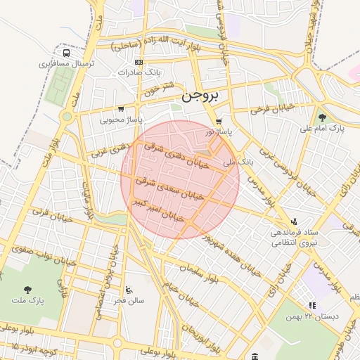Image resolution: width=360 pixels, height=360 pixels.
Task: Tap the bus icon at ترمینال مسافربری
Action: point(66,53)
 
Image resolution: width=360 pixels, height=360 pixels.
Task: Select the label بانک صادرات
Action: point(139,72)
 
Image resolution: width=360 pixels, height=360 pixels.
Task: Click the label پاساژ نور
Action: point(219,131)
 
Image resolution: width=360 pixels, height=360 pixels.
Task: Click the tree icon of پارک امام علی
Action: point(322,117)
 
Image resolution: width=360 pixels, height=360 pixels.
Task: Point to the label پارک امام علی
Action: point(318,129)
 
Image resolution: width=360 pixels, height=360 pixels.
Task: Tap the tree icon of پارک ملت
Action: point(27,289)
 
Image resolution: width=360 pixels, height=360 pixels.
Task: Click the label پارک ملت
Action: point(27,300)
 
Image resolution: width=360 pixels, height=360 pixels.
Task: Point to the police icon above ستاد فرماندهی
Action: point(294,220)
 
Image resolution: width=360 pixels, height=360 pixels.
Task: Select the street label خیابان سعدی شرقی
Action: point(174,188)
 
